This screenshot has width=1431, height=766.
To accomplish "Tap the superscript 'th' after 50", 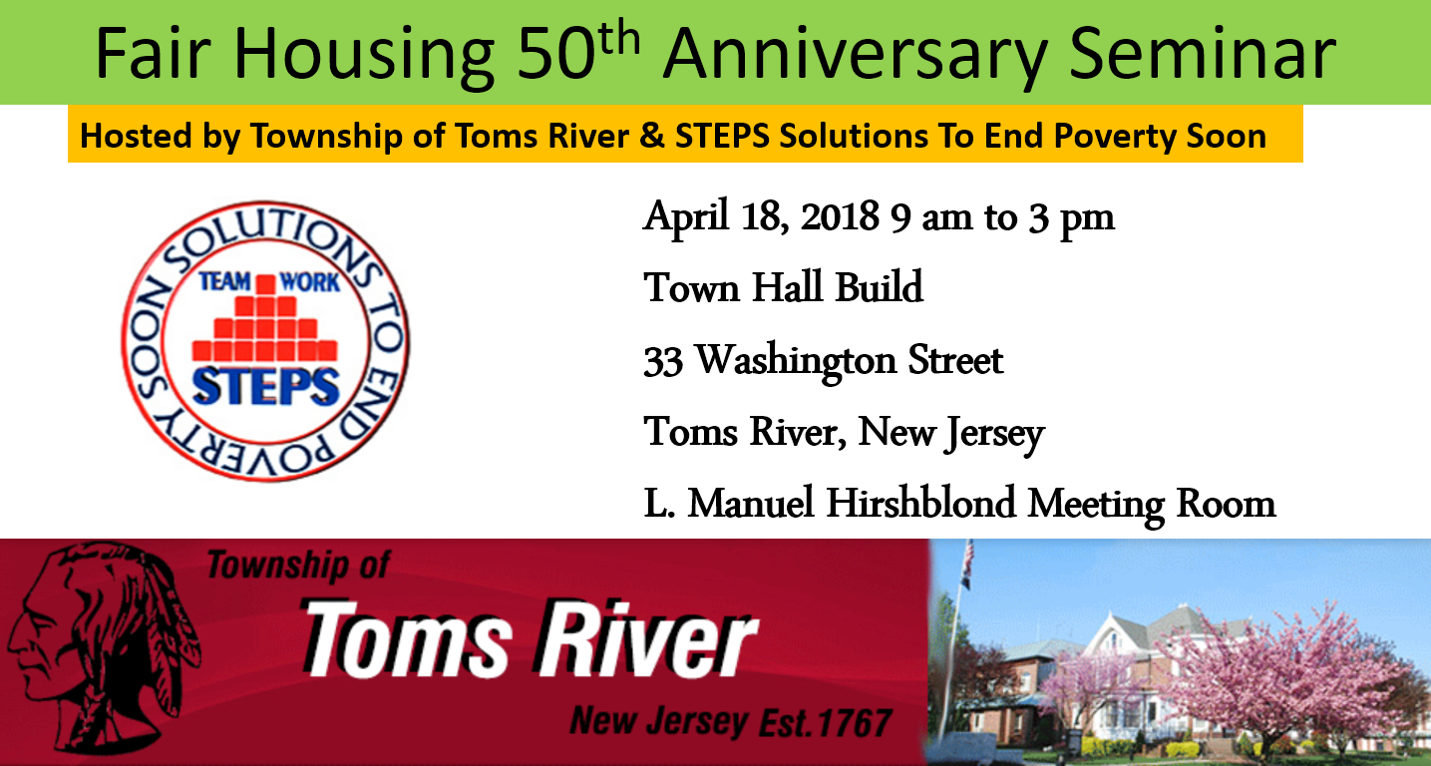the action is (x=619, y=38).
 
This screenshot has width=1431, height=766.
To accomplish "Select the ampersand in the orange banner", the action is (x=651, y=136).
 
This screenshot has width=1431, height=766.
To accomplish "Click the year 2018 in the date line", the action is (x=840, y=216).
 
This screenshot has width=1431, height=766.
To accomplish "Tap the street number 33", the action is (x=663, y=361).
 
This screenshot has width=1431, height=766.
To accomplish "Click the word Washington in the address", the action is (x=796, y=362).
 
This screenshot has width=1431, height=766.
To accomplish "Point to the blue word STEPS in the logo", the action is (x=265, y=387).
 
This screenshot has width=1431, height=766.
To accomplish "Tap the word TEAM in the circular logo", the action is (x=224, y=281).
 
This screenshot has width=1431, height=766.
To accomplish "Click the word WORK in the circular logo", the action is (x=310, y=281).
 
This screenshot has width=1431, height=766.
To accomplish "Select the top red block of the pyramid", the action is (x=265, y=284).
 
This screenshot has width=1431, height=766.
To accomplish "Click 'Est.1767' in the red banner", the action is (x=825, y=722).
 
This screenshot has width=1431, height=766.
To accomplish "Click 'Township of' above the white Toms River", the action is (x=298, y=567).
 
